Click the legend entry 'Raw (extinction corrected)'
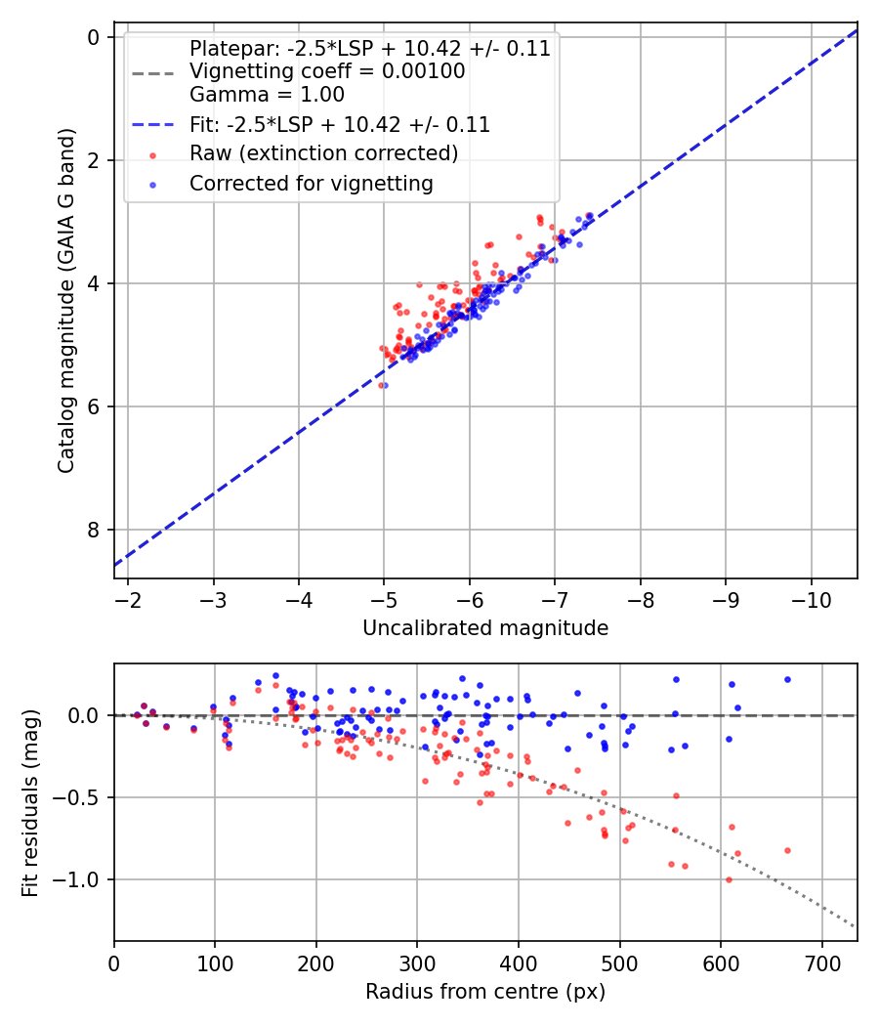(323, 153)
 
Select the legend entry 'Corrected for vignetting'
(312, 183)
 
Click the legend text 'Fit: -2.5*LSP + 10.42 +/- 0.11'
(339, 124)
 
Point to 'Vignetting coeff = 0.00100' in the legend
(327, 71)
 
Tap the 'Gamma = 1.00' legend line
(267, 95)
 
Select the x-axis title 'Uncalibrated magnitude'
(485, 628)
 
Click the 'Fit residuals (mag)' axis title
(30, 802)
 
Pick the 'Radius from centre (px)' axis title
(485, 992)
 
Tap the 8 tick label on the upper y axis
(94, 530)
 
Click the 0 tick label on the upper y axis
(94, 37)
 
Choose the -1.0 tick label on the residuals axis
(82, 879)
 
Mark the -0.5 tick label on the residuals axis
(82, 797)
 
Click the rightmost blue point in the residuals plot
(787, 679)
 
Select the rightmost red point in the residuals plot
(787, 850)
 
